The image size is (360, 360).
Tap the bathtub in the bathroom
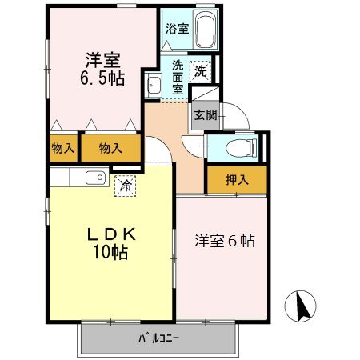[x=205, y=31]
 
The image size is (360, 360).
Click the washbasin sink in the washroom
[x=154, y=84]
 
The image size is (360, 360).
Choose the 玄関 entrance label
[x=201, y=114]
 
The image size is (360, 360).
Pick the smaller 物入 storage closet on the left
[x=63, y=148]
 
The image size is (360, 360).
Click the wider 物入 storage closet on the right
[x=111, y=148]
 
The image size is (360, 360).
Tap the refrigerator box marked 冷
[x=126, y=186]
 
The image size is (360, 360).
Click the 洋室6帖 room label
[x=225, y=240]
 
